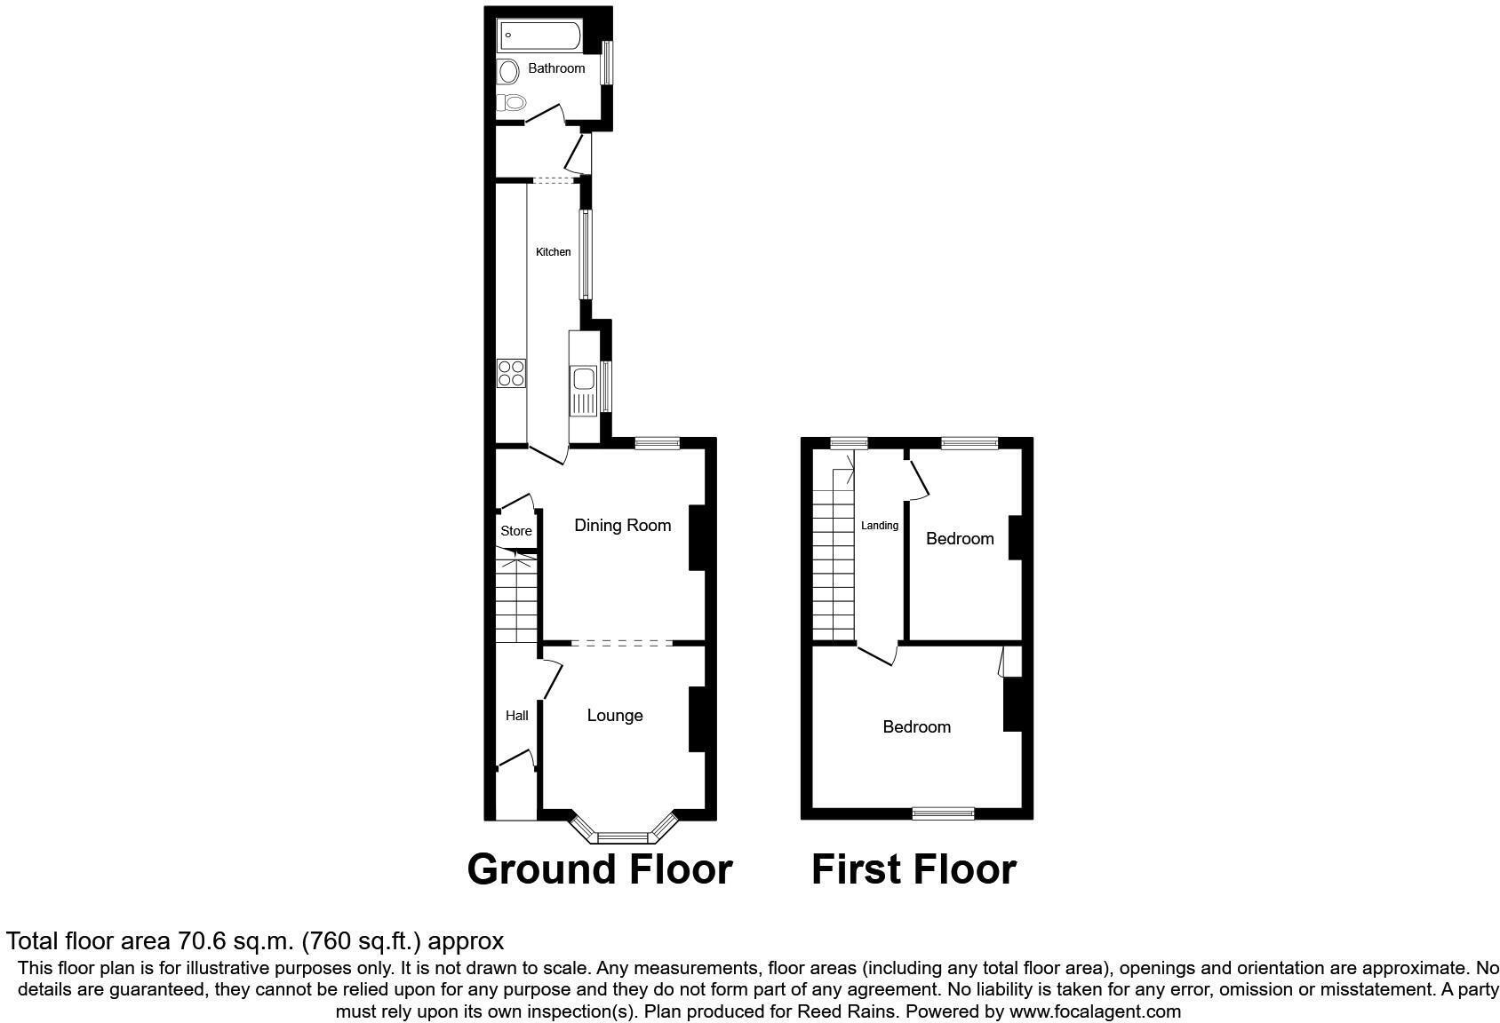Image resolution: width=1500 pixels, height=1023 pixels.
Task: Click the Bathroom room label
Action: pos(556,68)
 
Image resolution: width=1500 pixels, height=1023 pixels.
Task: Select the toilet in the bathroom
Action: pos(512,102)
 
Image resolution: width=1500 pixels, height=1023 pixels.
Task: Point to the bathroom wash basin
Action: pos(508,71)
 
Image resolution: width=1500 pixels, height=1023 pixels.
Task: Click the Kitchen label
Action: pos(553,252)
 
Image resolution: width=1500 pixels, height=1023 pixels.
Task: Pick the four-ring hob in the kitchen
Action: pos(511,373)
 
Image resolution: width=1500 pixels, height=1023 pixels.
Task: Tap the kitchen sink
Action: pos(584,380)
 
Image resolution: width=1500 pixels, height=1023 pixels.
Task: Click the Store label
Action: pos(516,531)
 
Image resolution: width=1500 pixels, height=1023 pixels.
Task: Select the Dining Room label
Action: pos(622,525)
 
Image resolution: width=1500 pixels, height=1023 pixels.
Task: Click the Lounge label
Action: pos(615,716)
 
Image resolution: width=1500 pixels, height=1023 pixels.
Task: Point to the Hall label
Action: pos(516,716)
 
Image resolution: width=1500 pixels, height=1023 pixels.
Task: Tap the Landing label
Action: pos(880,526)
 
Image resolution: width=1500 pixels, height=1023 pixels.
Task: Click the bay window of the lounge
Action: pos(623,836)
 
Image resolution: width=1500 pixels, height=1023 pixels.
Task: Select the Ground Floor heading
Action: pos(600,869)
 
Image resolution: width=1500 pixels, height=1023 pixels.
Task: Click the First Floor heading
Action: pos(914,869)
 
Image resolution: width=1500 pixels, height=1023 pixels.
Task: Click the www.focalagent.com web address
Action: pos(1095,1011)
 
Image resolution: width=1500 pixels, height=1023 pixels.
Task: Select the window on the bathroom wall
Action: pos(608,63)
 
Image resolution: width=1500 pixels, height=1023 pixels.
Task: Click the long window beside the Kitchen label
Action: pos(585,254)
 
